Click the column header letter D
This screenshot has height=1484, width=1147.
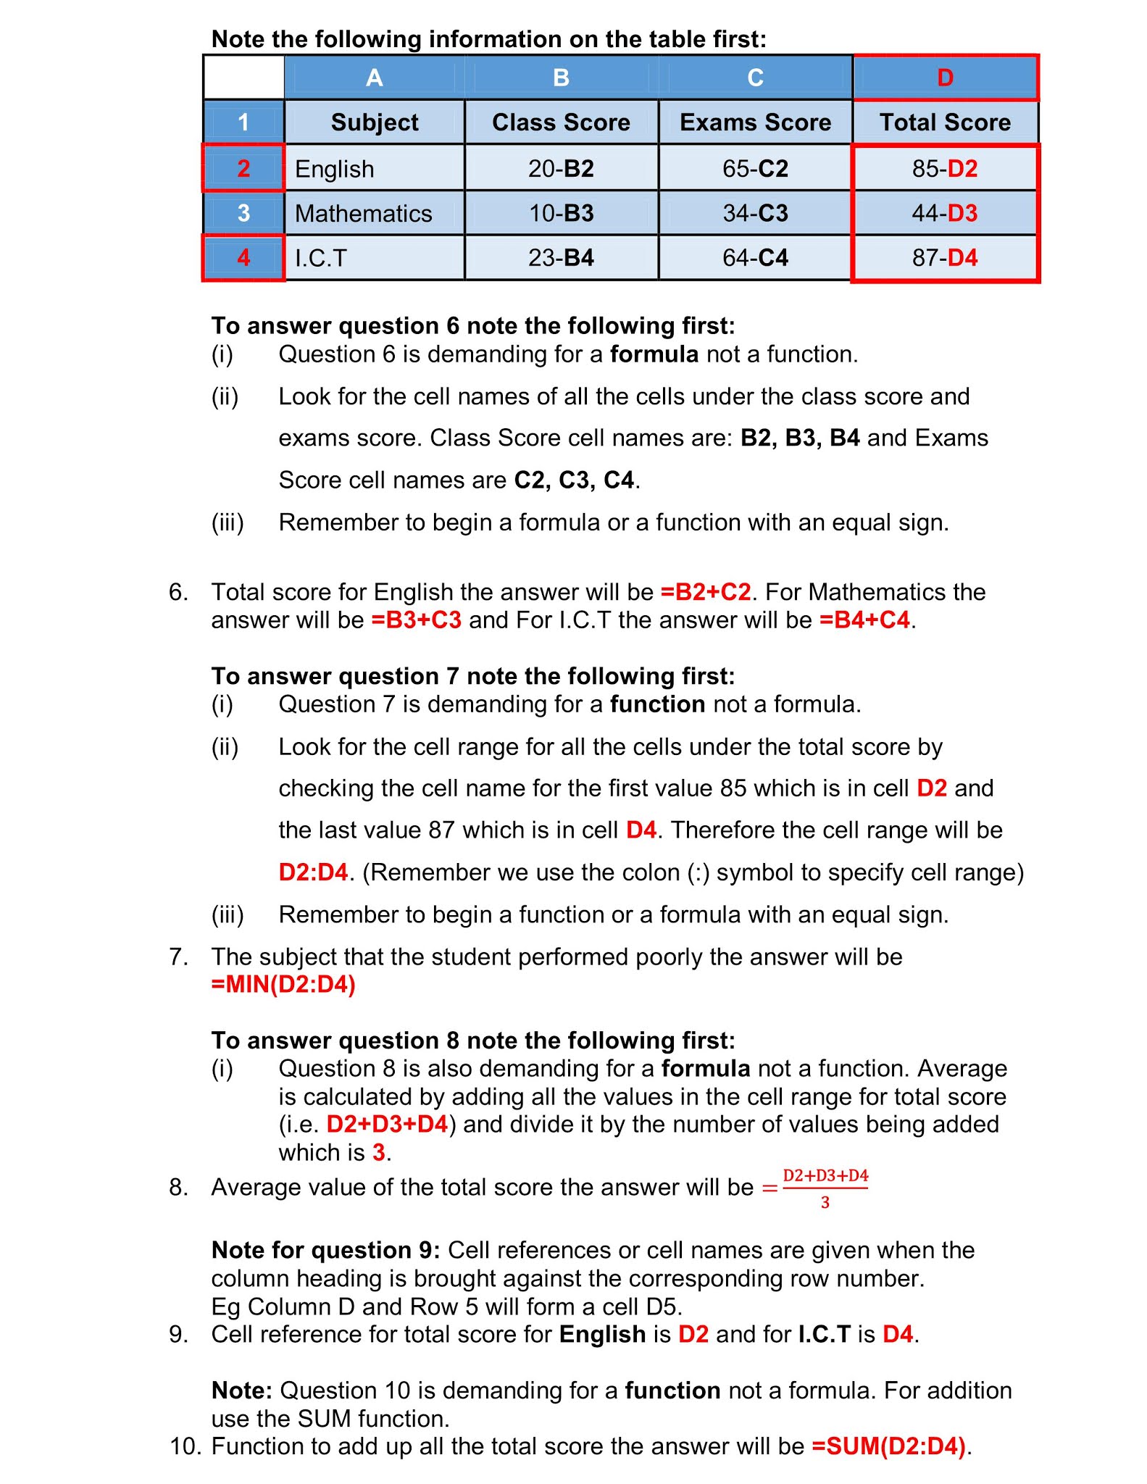pos(945,78)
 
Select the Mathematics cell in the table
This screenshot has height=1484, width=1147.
pos(364,214)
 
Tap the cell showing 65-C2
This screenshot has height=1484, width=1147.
pos(755,169)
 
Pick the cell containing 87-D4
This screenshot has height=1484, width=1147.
pos(945,258)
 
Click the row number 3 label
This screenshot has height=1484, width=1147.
pos(243,213)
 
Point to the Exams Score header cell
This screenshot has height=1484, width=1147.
pos(755,122)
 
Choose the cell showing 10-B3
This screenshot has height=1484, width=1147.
pos(561,214)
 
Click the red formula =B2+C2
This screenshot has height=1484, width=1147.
pos(706,593)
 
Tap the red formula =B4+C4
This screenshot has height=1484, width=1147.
pos(864,620)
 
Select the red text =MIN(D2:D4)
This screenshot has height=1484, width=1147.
pos(283,985)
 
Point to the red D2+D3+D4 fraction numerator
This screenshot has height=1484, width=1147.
pos(825,1175)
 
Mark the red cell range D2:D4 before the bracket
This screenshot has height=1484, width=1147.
pos(313,872)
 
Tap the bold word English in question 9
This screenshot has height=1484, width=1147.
pos(602,1334)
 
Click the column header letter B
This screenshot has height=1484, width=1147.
pos(561,78)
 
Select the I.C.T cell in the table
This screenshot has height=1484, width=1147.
pos(321,259)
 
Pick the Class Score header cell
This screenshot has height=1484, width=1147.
pos(561,122)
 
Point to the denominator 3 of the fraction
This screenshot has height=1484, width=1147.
pos(825,1203)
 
